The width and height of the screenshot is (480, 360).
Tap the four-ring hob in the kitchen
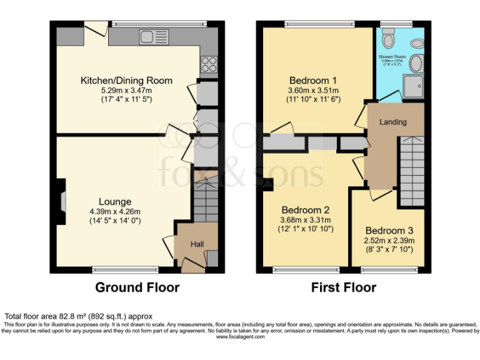point(209,64)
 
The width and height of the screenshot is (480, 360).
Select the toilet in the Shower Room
point(390,41)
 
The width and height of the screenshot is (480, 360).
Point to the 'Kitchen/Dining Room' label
point(126,81)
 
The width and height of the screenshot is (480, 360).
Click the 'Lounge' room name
point(115,201)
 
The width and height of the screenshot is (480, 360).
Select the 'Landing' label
point(393,122)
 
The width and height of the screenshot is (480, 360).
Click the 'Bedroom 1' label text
point(313,81)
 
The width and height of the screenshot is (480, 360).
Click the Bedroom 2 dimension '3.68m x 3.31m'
point(306,219)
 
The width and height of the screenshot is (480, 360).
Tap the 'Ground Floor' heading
point(137,287)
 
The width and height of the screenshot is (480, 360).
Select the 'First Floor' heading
point(344,287)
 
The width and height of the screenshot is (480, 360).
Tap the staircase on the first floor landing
point(411,172)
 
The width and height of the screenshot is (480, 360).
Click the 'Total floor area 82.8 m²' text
point(79,316)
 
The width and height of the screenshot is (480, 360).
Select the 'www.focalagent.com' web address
point(240,337)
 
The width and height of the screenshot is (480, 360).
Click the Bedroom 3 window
point(387,270)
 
